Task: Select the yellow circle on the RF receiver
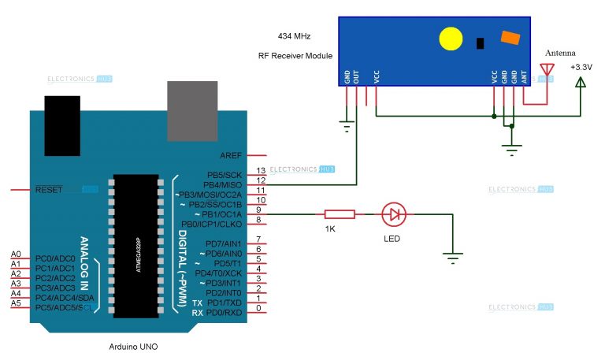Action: (x=450, y=39)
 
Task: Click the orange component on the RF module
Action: (x=510, y=37)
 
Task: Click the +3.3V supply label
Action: (x=582, y=66)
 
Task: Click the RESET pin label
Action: (x=50, y=190)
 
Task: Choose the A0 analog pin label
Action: (x=16, y=254)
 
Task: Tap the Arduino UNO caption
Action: (x=134, y=347)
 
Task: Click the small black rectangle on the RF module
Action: (x=480, y=43)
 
